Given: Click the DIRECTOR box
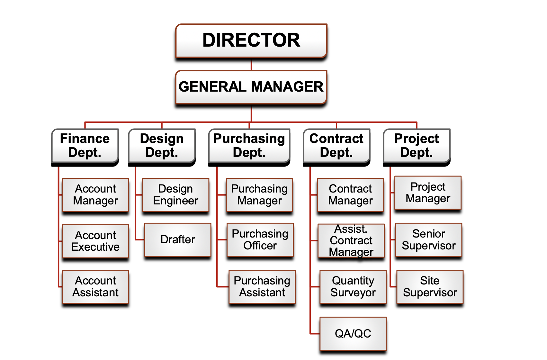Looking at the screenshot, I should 251,40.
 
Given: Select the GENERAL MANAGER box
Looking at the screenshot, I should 251,87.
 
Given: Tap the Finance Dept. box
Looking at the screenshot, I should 85,146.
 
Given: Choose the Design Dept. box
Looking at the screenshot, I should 162,146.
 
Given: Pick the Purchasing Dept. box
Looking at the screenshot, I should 249,146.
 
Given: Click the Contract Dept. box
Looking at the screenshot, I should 336,146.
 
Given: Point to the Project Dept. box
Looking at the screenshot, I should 416,146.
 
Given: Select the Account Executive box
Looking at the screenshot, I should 95,241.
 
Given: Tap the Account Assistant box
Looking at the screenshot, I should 95,287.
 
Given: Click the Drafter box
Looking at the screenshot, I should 178,240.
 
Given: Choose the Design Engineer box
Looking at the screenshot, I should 175,195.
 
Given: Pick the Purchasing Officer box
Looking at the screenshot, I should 260,240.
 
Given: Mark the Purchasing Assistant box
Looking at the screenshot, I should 262,287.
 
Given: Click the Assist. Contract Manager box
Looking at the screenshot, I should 351,240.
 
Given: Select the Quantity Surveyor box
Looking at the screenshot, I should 353,287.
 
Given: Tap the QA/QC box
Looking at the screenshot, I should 353,334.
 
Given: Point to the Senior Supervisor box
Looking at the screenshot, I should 428,240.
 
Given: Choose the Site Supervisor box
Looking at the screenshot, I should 430,287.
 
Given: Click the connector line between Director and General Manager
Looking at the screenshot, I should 251,65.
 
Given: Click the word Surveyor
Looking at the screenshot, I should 353,293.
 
